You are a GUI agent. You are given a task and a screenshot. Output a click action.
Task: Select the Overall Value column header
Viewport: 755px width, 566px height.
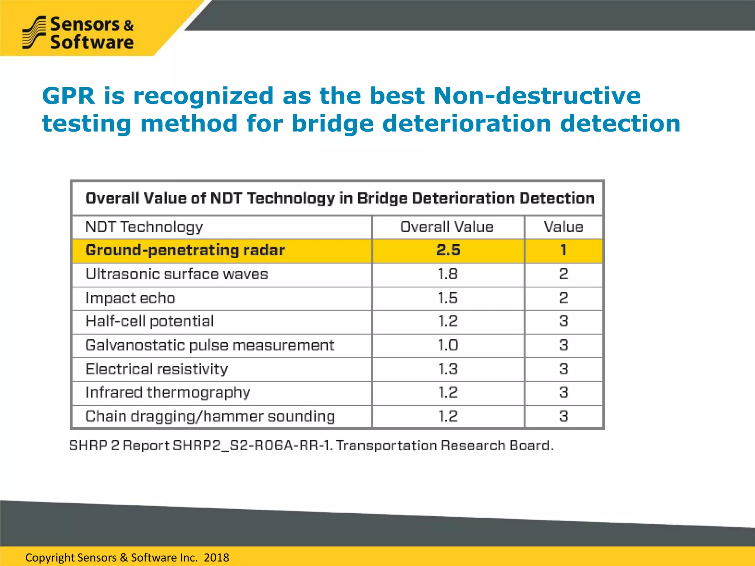tap(447, 227)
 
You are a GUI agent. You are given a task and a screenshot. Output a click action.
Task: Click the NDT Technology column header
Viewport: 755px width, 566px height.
tap(144, 227)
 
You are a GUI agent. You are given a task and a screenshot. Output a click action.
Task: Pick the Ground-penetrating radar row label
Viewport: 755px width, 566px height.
tap(185, 250)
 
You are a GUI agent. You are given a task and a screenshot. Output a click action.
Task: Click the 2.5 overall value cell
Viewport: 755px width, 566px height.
tap(448, 250)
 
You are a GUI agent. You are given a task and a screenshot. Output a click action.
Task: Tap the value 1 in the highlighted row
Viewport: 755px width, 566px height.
tap(563, 250)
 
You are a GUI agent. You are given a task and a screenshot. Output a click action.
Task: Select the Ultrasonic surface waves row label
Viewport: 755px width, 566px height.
tap(177, 274)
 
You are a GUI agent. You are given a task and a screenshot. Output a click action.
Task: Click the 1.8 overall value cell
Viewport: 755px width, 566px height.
tap(448, 274)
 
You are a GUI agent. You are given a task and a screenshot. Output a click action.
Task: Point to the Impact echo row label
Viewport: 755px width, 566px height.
tap(130, 298)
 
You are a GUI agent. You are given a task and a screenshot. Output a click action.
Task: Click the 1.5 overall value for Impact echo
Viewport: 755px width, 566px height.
tap(448, 298)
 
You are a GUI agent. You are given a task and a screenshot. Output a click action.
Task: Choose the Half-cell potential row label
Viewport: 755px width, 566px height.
tap(149, 321)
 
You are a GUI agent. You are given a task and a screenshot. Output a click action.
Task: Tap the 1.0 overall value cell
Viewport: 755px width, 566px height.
tap(448, 345)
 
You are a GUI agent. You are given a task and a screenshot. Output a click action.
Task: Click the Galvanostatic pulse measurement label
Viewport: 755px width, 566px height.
tap(210, 345)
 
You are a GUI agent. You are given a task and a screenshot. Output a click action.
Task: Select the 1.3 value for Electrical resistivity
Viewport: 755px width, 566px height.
tap(448, 369)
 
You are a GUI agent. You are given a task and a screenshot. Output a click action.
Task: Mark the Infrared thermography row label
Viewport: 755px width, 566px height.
tap(168, 393)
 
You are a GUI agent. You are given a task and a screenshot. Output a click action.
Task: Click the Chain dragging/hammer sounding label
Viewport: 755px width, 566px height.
tap(210, 416)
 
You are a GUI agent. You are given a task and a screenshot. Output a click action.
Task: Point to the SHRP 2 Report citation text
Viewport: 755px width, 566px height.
tap(311, 446)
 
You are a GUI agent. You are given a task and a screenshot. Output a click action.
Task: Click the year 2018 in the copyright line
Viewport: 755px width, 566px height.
tap(216, 558)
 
